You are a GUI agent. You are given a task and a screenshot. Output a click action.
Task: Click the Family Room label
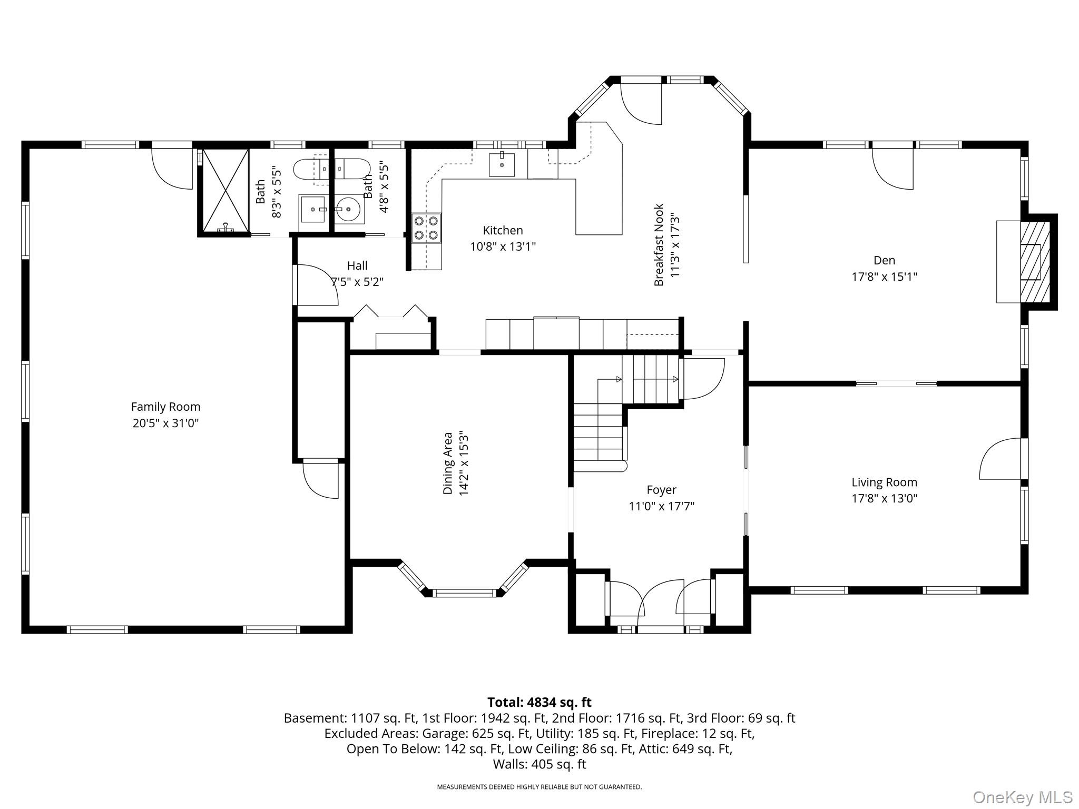[165, 407]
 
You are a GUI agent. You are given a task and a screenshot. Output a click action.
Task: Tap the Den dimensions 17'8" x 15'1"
[885, 277]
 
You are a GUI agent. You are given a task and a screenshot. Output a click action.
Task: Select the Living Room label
[885, 482]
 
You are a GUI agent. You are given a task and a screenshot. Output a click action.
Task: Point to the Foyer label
[661, 490]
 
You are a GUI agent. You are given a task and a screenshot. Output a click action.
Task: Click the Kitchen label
[503, 230]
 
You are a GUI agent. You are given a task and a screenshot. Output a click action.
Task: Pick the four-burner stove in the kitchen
[426, 228]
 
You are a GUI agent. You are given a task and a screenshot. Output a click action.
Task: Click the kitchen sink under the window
[502, 164]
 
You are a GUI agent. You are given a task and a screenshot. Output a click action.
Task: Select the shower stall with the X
[226, 191]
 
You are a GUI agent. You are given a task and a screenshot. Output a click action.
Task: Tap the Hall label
[357, 265]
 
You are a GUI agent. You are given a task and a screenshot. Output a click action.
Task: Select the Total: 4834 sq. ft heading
[539, 702]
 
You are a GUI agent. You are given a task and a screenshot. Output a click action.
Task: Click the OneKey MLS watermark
[1022, 797]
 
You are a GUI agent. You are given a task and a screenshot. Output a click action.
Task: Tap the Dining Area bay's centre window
[464, 593]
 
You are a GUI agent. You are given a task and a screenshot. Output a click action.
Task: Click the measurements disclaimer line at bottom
[539, 787]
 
